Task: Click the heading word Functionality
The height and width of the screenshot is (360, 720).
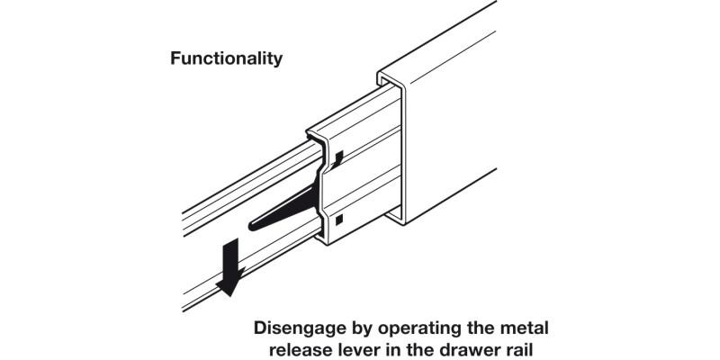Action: [x=226, y=58]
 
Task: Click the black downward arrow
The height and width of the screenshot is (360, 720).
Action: [x=229, y=265]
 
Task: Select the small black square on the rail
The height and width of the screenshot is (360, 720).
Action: [x=338, y=219]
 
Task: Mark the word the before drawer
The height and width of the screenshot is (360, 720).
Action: [x=427, y=348]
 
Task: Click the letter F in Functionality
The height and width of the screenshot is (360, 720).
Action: [x=175, y=58]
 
